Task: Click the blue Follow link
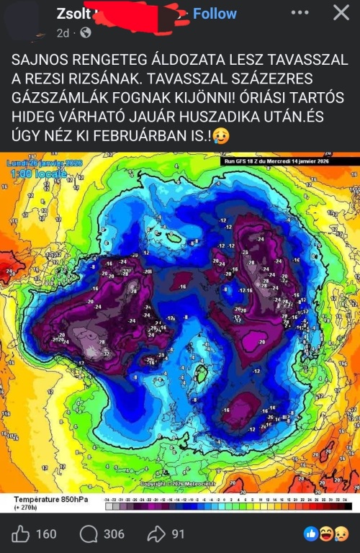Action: [215, 14]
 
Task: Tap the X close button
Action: [341, 13]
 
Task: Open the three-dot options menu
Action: [300, 13]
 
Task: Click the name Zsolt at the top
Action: [75, 13]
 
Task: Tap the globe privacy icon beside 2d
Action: [86, 32]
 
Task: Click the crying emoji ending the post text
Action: [221, 137]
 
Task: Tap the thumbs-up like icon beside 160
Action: [21, 534]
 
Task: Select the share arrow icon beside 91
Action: [156, 534]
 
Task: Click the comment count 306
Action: [114, 534]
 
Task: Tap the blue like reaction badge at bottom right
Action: [311, 534]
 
